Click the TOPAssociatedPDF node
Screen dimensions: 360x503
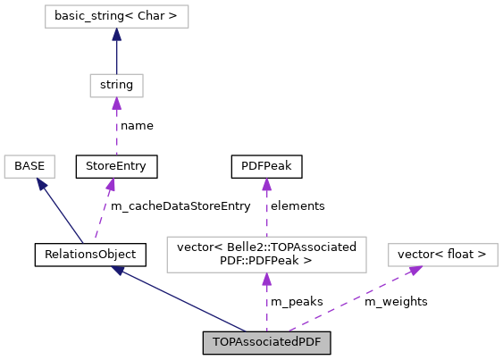[x=266, y=343]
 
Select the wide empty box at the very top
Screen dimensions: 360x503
[x=116, y=16]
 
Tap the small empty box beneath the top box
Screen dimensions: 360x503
[x=116, y=86]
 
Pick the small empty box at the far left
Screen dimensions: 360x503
[x=29, y=166]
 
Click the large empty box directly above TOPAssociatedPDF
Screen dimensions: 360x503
[x=266, y=255]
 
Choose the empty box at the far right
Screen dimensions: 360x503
[x=442, y=255]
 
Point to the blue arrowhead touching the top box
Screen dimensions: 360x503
[x=116, y=35]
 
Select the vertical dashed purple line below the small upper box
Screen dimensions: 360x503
[x=116, y=132]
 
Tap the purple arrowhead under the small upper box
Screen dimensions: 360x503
[x=116, y=105]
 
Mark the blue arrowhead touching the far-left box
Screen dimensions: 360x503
[x=42, y=184]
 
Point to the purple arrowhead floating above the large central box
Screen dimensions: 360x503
[x=266, y=185]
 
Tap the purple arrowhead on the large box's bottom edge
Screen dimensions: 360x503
[x=266, y=280]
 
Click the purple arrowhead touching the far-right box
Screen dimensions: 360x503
[x=415, y=270]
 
